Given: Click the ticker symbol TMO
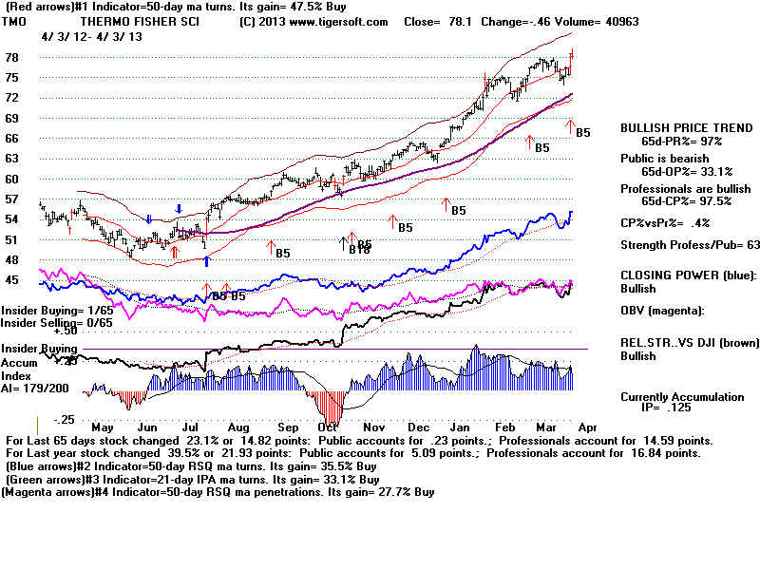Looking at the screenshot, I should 14,21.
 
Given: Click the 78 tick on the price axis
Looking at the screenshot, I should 11,57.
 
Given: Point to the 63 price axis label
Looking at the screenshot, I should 11,158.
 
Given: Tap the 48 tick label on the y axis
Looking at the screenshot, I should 11,259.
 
